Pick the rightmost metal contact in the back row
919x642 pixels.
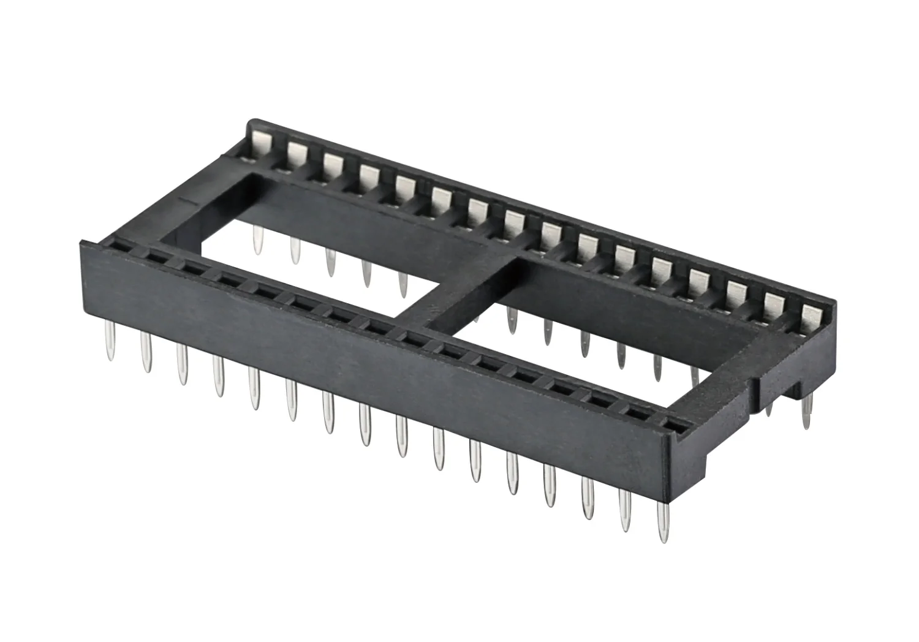(812, 319)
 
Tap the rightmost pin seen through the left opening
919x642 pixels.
(403, 285)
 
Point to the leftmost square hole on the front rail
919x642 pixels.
(116, 246)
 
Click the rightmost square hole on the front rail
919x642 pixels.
(673, 423)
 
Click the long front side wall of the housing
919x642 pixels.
(368, 361)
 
